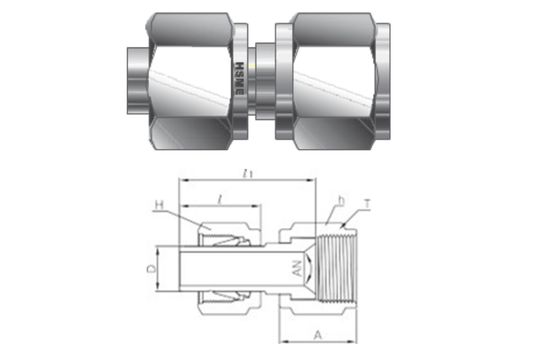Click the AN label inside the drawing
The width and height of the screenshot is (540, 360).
(295, 268)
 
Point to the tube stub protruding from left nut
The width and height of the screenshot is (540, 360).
(136, 77)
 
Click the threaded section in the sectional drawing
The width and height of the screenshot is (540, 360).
(340, 268)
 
